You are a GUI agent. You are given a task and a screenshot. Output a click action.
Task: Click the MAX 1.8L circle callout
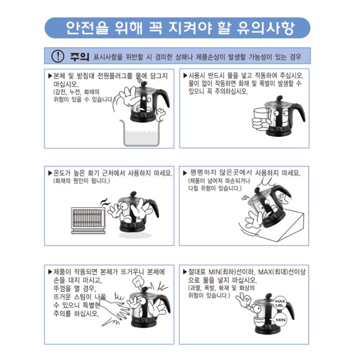pos(281,303)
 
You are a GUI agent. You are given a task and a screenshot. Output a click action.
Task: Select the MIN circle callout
pos(281,321)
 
